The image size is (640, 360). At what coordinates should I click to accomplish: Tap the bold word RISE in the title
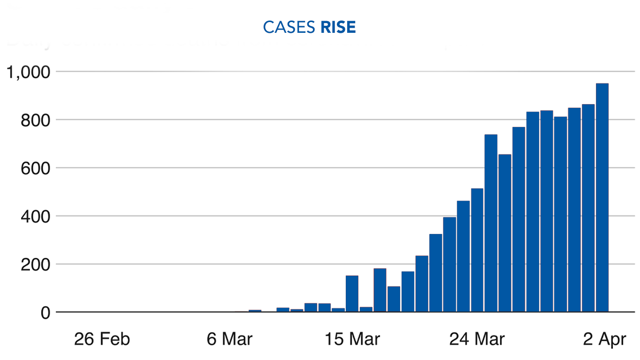coord(338,27)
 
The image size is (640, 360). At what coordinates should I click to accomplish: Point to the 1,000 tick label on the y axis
coord(27,72)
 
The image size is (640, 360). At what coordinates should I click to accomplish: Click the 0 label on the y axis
coord(45,313)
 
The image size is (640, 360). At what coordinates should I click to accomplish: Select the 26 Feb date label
coord(101,339)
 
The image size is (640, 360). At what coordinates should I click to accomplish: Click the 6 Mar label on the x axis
coord(230,339)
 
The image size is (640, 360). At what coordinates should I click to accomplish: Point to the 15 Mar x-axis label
coord(352,339)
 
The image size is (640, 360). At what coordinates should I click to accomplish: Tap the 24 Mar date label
coord(477,339)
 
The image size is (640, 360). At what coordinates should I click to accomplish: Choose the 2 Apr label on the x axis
coord(604,339)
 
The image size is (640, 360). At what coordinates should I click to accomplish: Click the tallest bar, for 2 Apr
coord(602,197)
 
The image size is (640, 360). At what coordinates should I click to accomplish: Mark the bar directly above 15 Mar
coord(352,293)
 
